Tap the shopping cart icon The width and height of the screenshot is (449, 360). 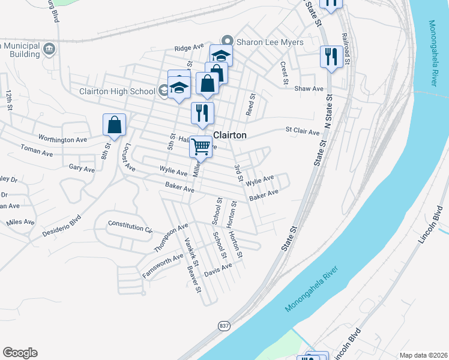tap(200, 146)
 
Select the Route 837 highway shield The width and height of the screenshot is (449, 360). tap(224, 325)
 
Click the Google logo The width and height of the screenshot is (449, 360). tap(20, 353)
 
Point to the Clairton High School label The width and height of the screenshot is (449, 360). tap(118, 91)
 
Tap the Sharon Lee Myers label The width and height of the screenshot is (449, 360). tap(270, 42)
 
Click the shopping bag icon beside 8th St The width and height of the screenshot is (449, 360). tap(114, 125)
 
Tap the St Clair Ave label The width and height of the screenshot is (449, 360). tap(303, 130)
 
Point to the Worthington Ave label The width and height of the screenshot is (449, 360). tap(63, 139)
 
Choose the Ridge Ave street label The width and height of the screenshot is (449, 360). tap(189, 47)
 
